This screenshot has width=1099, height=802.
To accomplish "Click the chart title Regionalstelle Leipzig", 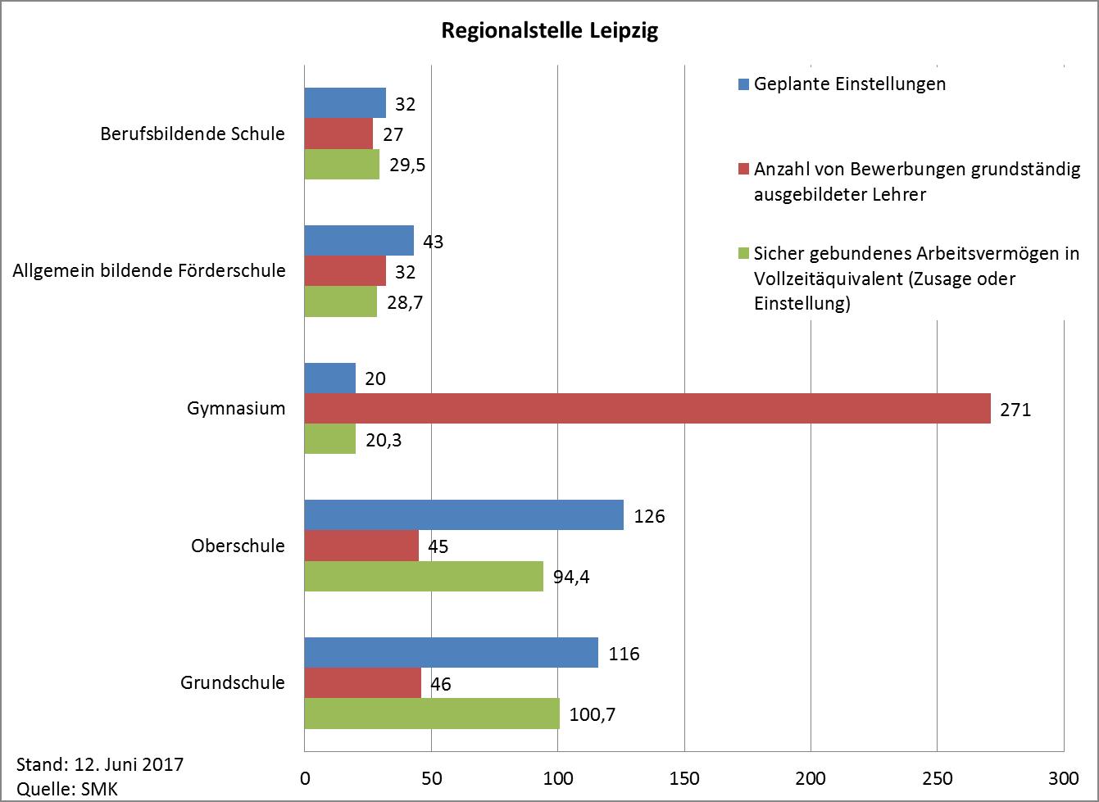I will point(549,32).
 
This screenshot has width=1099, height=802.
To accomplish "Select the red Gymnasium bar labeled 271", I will point(647,409).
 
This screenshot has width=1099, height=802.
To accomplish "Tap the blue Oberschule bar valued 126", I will point(464,516).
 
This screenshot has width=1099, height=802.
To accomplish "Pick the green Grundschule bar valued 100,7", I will point(432,714).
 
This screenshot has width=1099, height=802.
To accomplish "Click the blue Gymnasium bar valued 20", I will point(329,378).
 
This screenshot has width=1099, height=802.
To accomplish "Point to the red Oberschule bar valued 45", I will point(361,546).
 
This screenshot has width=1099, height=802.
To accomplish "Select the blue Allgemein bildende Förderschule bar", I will point(359,241).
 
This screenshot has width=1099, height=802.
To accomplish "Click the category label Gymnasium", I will point(236,408).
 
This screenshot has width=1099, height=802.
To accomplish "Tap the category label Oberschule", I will point(238,546).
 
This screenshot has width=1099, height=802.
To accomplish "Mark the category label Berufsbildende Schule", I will point(193,134).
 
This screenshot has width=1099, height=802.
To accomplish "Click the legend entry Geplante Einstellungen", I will point(849,84).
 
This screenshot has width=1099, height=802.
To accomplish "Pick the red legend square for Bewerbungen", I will point(743,170).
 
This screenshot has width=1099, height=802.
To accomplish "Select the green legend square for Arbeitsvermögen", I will point(743,254).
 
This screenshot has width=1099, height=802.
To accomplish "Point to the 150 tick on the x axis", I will point(684,777).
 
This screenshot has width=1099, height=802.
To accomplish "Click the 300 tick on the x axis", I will point(1063,777).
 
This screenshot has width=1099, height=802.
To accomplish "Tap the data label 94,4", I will point(571,576).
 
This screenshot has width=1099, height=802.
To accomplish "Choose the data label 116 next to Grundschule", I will point(624,654).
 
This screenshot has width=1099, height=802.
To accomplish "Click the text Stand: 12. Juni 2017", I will point(100,764).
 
